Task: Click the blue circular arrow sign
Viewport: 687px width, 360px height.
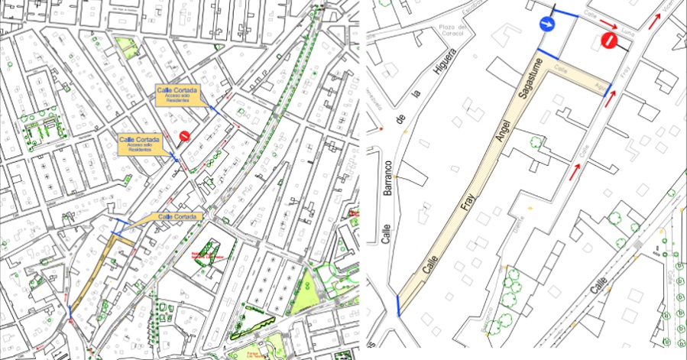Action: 547,24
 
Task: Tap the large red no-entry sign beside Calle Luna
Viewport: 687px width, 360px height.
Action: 608,41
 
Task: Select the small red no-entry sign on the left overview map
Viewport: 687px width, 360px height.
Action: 184,136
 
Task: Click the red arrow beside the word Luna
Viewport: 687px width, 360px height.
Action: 609,23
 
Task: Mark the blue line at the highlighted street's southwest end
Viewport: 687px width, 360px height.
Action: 400,304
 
